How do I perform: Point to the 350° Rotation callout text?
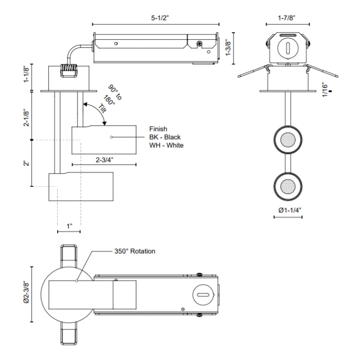(x=134, y=251)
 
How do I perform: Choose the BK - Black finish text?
(x=165, y=137)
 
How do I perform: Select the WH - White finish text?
(x=166, y=145)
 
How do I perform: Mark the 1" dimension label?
(x=69, y=225)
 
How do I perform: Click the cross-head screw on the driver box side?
(x=198, y=44)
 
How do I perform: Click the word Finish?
(x=158, y=128)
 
